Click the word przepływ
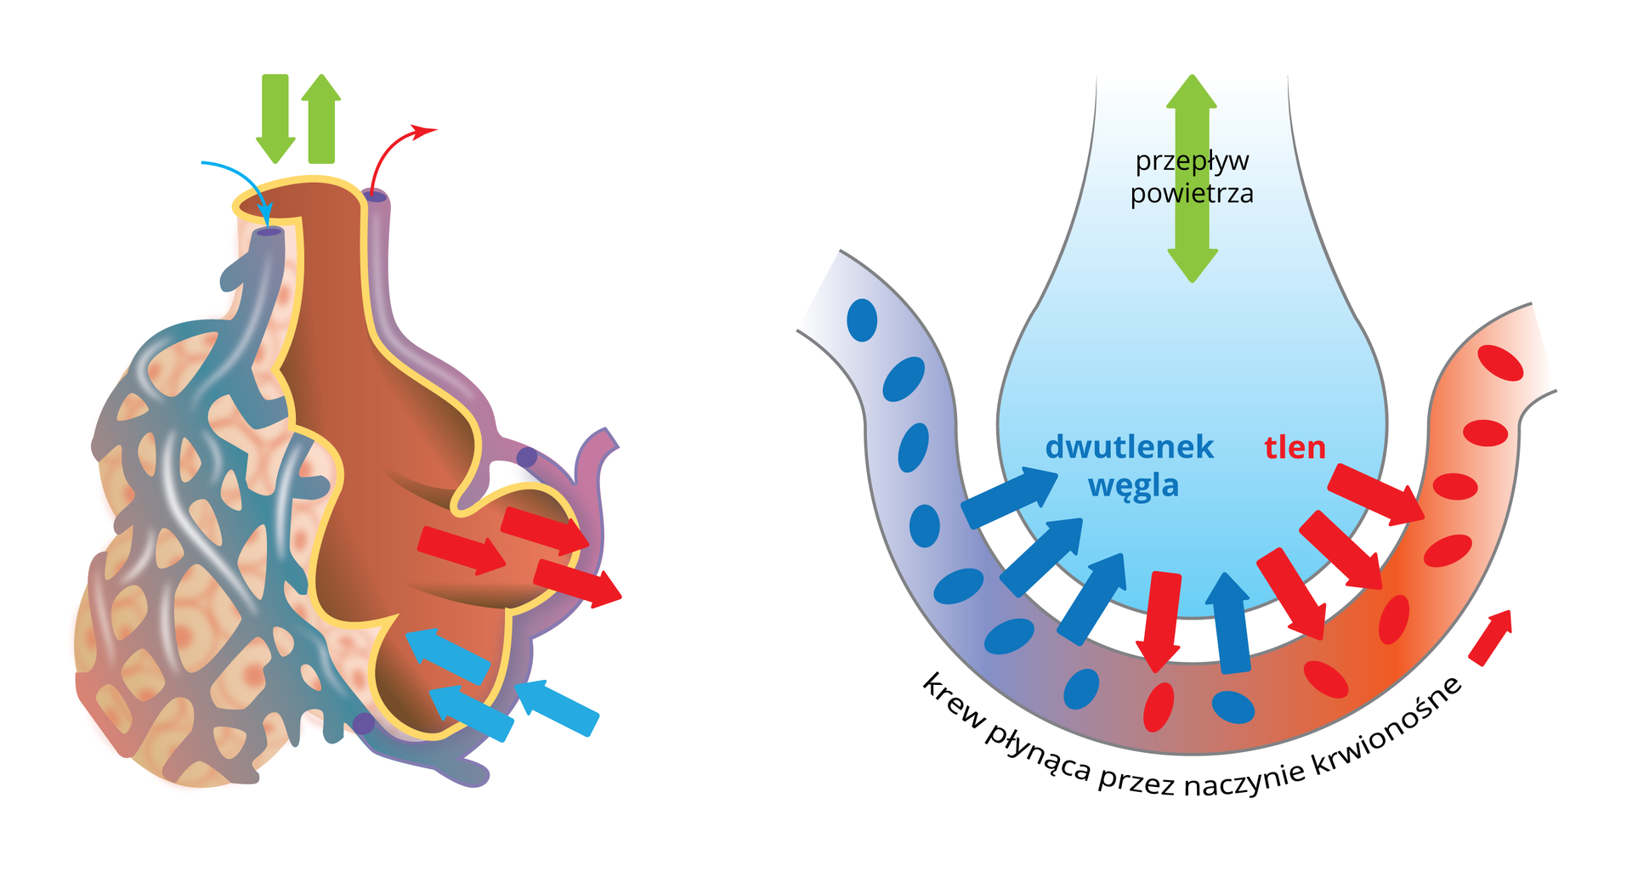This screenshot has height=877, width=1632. [1192, 161]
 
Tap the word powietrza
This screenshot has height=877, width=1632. [1192, 194]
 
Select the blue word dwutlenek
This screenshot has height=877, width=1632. [1129, 447]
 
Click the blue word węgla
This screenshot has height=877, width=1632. [1133, 486]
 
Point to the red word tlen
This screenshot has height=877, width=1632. [1295, 448]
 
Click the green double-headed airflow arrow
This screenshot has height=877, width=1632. [1192, 178]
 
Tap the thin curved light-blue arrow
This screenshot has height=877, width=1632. [242, 174]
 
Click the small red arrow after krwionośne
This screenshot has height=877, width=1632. [1492, 637]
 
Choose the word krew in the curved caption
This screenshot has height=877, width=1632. [952, 702]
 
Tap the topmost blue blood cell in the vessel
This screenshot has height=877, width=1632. [862, 320]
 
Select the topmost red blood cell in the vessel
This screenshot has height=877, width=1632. [1500, 363]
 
